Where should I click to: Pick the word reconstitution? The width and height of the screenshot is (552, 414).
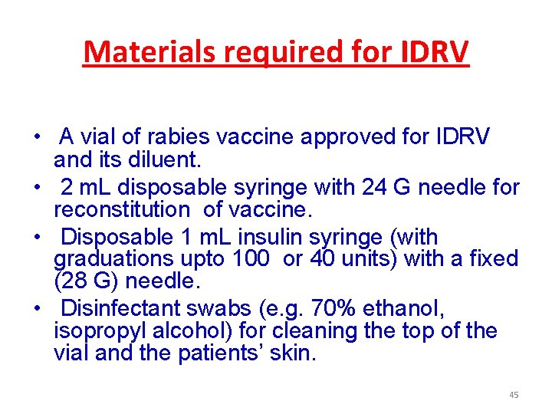tap(120, 209)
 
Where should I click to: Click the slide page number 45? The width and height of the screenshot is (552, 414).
tap(514, 395)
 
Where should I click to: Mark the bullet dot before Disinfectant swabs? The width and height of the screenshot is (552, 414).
tap(37, 310)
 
